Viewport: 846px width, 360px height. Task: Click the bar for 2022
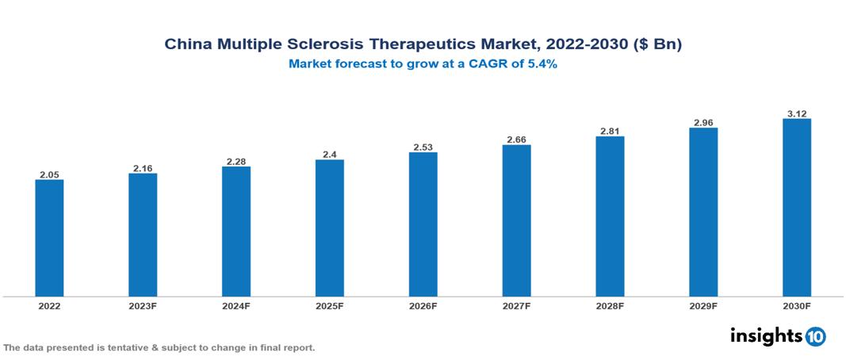tap(49, 238)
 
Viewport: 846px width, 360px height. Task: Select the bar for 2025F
tap(330, 228)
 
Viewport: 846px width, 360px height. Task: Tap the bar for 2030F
tap(797, 208)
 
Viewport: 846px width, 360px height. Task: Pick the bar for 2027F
tap(516, 220)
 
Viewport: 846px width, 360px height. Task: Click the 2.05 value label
tap(49, 174)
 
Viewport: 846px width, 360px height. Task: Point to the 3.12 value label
tap(797, 113)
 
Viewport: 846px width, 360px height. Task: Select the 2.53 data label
tap(423, 147)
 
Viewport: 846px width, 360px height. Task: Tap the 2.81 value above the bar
tap(610, 131)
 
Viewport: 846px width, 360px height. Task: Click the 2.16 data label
tap(143, 167)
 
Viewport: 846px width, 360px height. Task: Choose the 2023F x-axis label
tap(143, 305)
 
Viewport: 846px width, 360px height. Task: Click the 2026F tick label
tap(423, 305)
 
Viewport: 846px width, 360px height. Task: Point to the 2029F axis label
tap(703, 305)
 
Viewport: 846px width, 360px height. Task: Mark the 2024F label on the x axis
tap(236, 305)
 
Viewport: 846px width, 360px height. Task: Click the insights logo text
tap(766, 336)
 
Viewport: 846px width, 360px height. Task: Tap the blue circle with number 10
tap(815, 337)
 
